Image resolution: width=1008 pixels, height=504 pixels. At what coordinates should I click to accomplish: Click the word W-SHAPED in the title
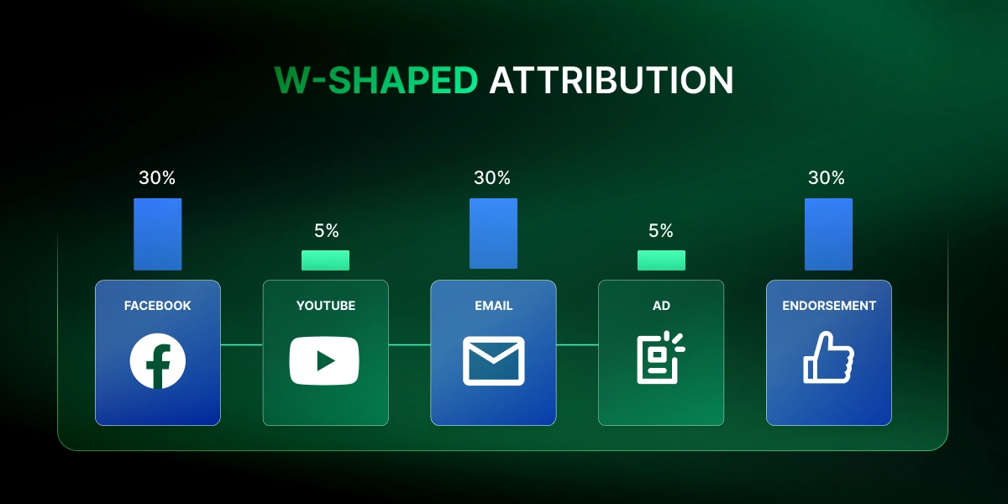[375, 81]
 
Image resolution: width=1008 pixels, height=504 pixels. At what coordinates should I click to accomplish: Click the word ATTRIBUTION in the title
[612, 81]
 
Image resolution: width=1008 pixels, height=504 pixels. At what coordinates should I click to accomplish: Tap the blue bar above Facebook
[157, 234]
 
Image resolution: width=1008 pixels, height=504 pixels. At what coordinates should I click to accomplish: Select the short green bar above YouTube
[325, 260]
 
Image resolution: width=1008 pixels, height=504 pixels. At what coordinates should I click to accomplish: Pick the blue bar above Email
[493, 234]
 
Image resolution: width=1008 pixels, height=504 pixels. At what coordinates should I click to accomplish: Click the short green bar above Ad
[661, 260]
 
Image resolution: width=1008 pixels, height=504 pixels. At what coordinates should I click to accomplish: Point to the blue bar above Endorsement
[828, 234]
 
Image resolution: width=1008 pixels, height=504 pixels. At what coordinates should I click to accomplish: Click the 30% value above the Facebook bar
[157, 178]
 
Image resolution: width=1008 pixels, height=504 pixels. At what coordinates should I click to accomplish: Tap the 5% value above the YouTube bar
[325, 231]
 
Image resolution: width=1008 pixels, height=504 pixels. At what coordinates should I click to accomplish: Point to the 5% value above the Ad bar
[661, 231]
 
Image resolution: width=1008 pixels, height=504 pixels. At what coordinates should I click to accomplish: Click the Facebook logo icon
[158, 361]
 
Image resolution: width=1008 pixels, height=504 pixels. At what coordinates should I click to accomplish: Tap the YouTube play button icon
[324, 360]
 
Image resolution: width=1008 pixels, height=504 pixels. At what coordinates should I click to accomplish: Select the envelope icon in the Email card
[493, 361]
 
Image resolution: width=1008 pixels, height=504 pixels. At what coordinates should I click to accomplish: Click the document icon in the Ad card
[659, 359]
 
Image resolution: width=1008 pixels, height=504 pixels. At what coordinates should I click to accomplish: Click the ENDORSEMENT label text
[828, 306]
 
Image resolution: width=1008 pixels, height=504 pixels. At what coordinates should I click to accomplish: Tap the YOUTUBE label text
[326, 306]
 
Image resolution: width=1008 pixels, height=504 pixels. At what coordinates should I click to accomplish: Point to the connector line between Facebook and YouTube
[242, 344]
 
